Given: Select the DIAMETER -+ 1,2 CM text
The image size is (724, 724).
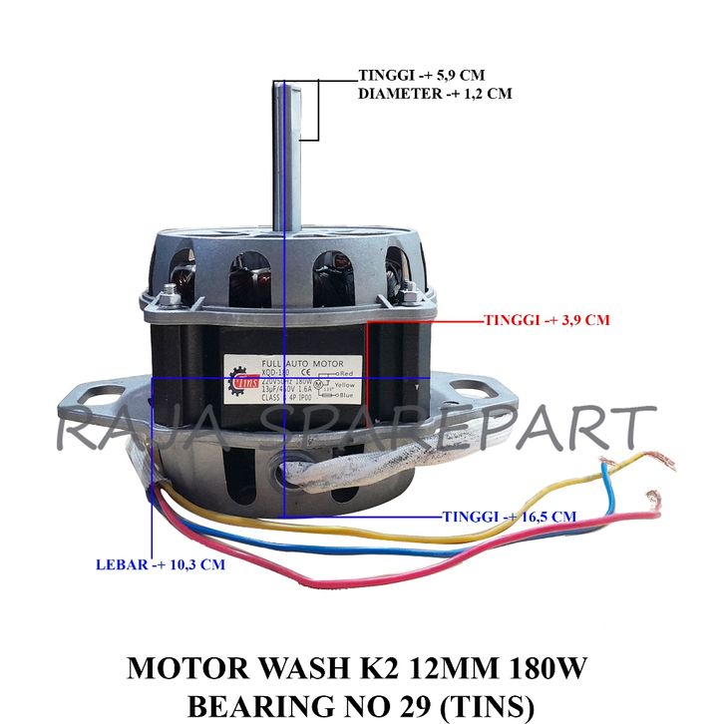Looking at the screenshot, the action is [x=435, y=93].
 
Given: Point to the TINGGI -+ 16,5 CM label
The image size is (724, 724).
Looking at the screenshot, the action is [x=509, y=517].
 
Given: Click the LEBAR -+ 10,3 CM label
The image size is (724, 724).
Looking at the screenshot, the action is [x=161, y=563].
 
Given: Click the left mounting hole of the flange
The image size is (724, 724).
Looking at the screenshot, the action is [x=96, y=395].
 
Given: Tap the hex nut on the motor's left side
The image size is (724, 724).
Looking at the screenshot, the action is [x=168, y=291].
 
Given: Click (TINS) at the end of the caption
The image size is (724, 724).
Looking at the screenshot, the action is [x=486, y=704].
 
